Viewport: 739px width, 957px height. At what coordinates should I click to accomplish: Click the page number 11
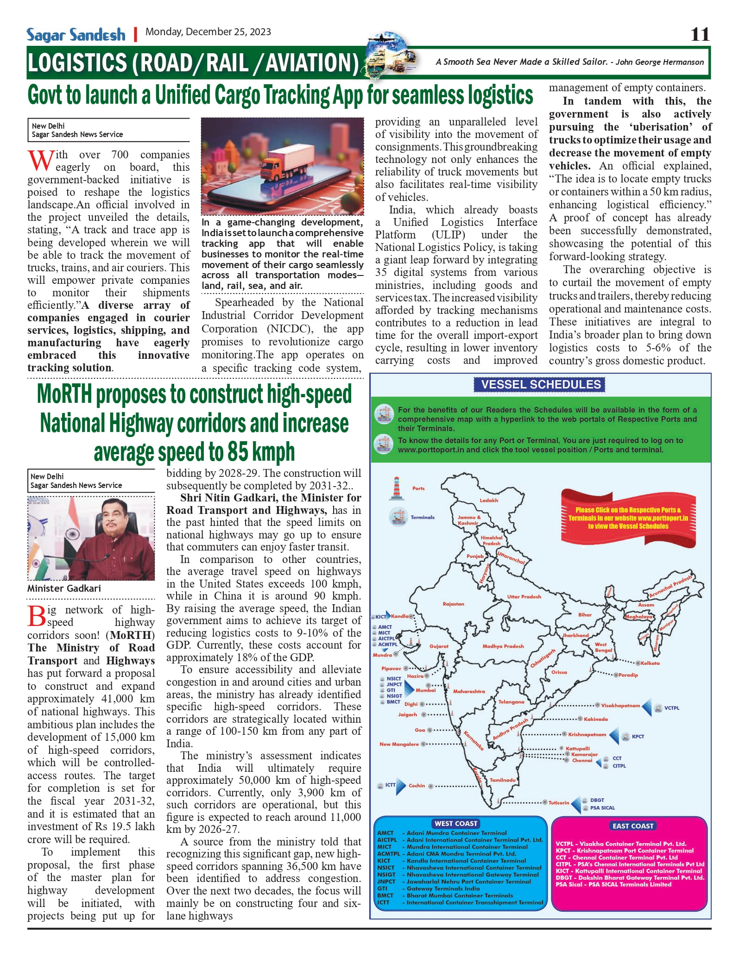click(x=700, y=34)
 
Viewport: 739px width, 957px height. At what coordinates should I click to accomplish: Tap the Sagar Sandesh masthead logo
click(x=76, y=35)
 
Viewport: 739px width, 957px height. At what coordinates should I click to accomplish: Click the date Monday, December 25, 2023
click(x=208, y=32)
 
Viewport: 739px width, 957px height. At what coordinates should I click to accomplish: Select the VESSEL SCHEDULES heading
click(x=540, y=384)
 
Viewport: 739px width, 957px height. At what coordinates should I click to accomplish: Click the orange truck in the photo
click(x=277, y=164)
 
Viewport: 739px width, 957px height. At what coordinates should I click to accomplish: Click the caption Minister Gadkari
click(x=64, y=588)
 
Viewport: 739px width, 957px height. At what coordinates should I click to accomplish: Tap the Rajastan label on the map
click(x=453, y=604)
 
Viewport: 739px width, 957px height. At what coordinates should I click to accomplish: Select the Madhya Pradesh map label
click(x=503, y=646)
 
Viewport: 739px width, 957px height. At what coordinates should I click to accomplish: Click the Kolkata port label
click(x=650, y=663)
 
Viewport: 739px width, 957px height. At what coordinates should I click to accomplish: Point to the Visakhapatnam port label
click(x=620, y=706)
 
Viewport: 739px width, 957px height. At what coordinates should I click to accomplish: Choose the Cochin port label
click(x=417, y=785)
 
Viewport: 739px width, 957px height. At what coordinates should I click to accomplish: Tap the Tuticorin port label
click(x=559, y=802)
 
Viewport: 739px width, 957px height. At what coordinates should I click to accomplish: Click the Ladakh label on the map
click(x=489, y=500)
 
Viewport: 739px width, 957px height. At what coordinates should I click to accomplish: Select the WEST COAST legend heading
click(x=456, y=823)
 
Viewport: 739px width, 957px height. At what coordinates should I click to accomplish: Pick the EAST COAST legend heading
click(x=633, y=826)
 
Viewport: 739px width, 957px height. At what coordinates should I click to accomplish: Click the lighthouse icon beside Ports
click(x=396, y=488)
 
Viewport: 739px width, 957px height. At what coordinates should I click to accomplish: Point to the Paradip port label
click(x=628, y=675)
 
